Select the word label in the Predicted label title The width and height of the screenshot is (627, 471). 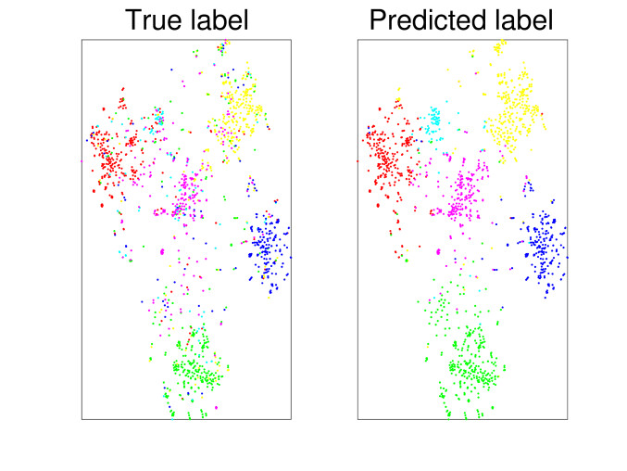click(521, 20)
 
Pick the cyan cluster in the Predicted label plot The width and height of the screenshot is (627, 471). click(433, 120)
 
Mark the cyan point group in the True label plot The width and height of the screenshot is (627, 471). click(158, 118)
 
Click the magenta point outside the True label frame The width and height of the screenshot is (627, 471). click(81, 160)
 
